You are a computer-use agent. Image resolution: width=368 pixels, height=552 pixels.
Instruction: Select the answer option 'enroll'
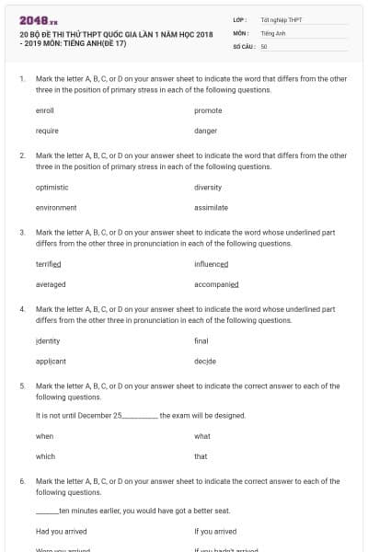click(45, 110)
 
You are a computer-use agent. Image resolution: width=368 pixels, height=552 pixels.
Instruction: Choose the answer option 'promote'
click(208, 110)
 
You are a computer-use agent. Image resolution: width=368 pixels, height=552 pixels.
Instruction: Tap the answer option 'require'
click(47, 131)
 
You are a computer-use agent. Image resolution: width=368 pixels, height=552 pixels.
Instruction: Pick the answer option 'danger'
click(205, 131)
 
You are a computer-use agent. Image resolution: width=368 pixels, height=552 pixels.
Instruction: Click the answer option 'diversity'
click(208, 187)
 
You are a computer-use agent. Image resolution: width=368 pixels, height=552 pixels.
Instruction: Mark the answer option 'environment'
click(55, 208)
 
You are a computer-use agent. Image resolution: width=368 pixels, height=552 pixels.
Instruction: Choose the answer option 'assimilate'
click(211, 208)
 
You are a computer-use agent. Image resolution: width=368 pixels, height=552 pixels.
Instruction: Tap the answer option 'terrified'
click(48, 264)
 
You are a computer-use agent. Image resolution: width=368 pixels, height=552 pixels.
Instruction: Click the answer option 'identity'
click(48, 340)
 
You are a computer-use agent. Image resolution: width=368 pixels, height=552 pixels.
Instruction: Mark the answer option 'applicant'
click(51, 362)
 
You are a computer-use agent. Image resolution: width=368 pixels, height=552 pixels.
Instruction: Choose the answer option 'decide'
click(205, 362)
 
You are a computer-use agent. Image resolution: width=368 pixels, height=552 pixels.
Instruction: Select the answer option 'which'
click(45, 456)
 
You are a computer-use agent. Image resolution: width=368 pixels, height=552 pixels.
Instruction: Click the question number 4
click(22, 309)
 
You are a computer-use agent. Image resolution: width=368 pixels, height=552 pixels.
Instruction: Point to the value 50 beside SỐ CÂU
click(264, 46)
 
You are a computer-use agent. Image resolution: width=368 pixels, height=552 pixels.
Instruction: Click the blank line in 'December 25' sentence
click(140, 416)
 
